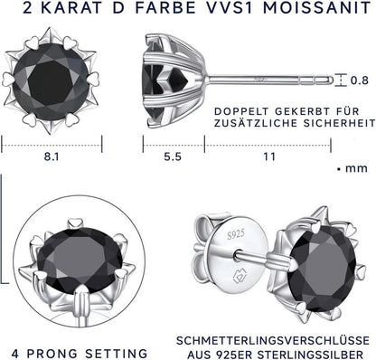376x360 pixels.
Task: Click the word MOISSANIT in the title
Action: coord(317,7)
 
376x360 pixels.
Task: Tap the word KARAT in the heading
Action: coord(70,7)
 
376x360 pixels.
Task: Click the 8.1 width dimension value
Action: coord(52,156)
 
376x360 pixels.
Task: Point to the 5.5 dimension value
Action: coord(173,156)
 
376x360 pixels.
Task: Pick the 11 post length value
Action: coord(269,156)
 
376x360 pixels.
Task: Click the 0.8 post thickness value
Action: coord(360,81)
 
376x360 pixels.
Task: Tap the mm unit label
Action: coord(356,168)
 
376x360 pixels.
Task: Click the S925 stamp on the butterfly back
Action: coord(236,234)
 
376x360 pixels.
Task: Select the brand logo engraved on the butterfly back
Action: coord(240,275)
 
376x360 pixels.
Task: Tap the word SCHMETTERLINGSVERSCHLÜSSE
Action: coord(273,341)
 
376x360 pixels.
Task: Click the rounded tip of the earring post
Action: coord(331,81)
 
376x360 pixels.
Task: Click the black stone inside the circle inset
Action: coord(80,257)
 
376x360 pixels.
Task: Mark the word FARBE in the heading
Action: coord(165,7)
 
